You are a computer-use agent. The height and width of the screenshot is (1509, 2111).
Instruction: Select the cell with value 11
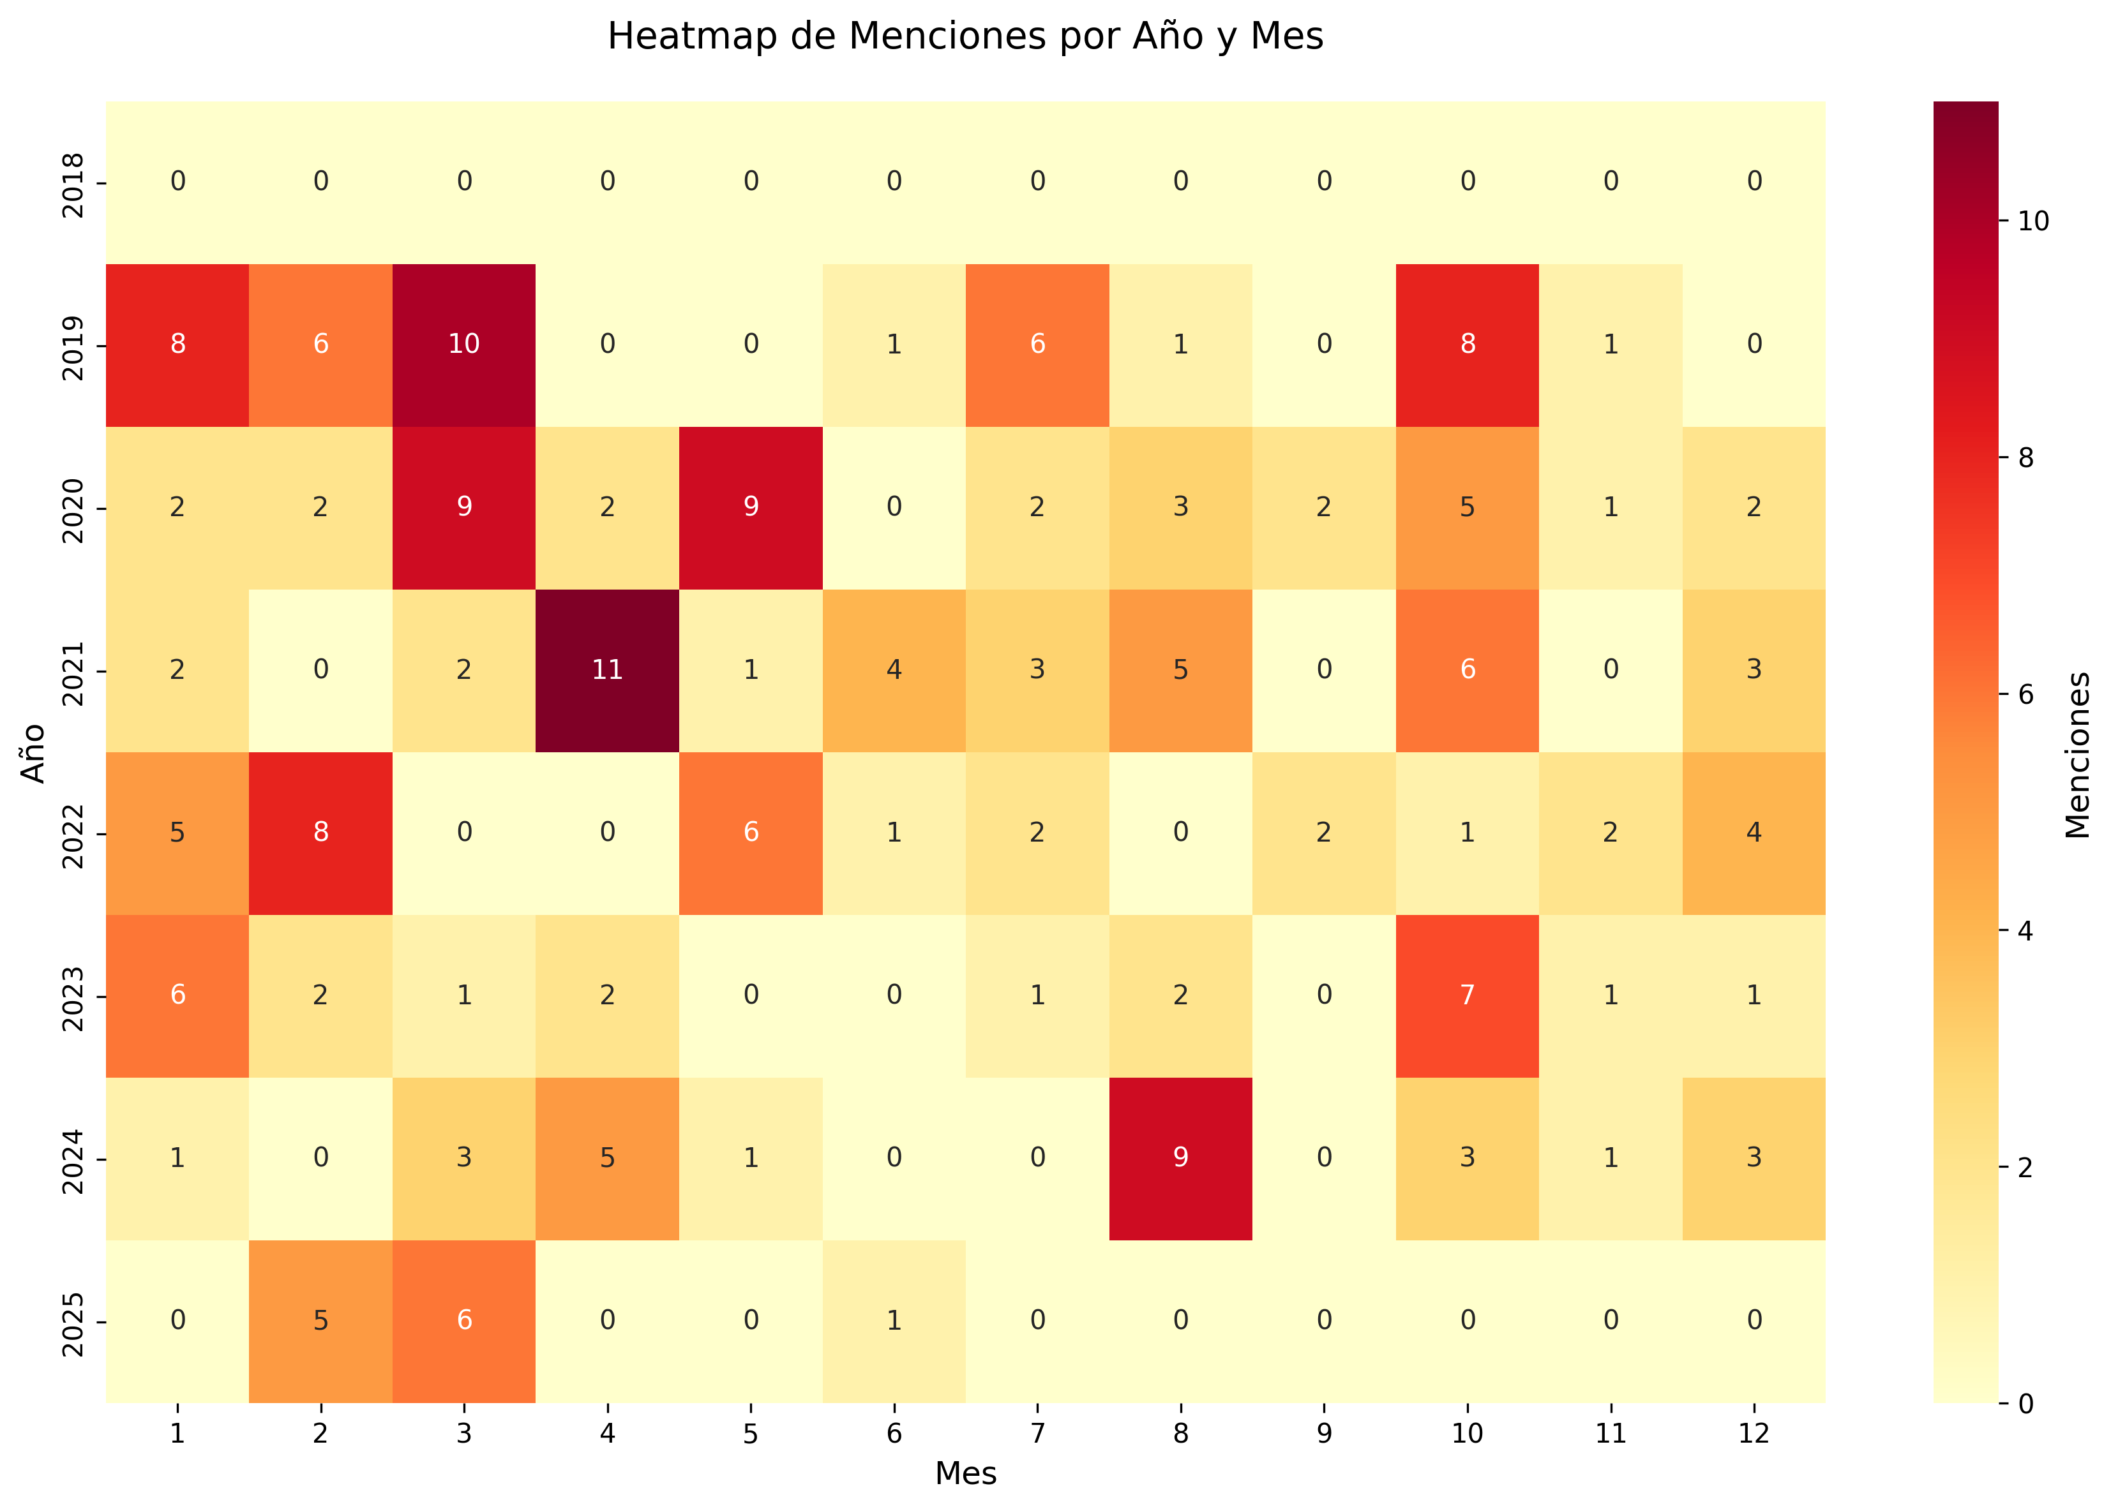click(607, 670)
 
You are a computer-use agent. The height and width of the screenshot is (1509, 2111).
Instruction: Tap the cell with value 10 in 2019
click(464, 345)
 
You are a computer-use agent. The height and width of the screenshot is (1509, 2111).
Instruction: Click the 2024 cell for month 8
click(1180, 1158)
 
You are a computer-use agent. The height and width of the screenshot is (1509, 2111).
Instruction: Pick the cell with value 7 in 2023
click(1467, 995)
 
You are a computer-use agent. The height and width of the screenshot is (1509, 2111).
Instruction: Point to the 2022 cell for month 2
click(320, 833)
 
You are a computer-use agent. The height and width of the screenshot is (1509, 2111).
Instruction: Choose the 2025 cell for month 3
click(464, 1320)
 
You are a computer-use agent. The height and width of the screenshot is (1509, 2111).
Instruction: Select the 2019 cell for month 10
click(1467, 345)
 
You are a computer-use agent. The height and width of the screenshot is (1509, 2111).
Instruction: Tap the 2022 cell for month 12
click(1753, 833)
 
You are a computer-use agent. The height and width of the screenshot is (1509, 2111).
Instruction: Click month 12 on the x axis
click(1753, 1434)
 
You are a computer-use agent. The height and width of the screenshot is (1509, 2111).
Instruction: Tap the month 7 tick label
click(1037, 1434)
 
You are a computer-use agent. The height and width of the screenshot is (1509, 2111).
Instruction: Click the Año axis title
click(33, 753)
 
